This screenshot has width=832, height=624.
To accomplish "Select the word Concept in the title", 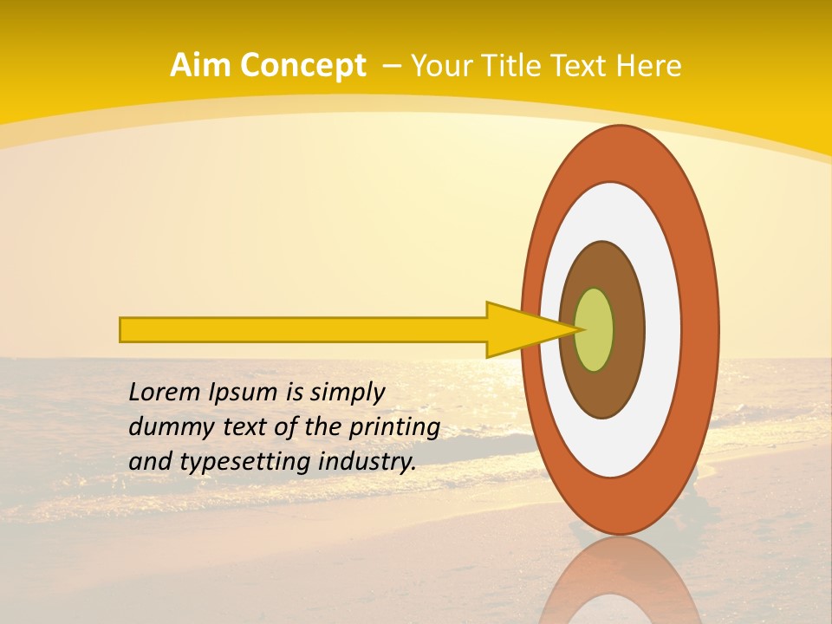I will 303,66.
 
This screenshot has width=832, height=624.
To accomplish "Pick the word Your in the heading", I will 441,66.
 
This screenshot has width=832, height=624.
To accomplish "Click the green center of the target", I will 595,329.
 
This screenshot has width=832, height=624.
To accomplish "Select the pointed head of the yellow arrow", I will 529,329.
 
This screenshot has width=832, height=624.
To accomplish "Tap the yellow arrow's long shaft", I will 303,329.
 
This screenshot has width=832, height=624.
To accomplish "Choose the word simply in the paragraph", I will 347,393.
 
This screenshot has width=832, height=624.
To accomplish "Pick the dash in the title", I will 390,66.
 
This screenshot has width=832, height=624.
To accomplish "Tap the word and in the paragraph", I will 150,462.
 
